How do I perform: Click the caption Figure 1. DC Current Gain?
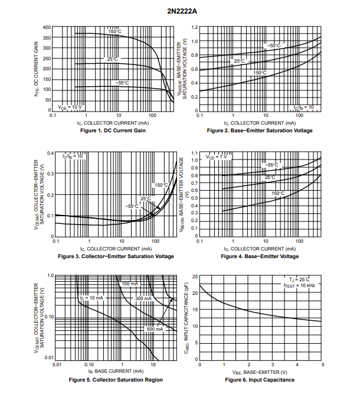click(x=112, y=130)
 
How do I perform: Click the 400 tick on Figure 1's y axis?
click(x=47, y=27)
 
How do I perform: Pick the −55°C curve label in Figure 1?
click(x=122, y=83)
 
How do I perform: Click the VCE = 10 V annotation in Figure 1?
click(x=68, y=107)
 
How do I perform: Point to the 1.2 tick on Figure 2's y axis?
click(x=194, y=28)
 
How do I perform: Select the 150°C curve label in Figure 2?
click(x=260, y=73)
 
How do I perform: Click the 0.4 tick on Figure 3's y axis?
click(x=50, y=154)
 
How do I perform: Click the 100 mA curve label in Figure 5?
click(x=130, y=284)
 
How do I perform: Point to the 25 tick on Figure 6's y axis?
click(x=195, y=276)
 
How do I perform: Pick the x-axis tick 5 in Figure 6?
click(x=322, y=365)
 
